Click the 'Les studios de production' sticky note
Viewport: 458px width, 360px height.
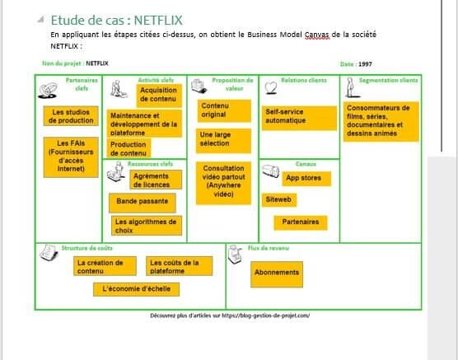[71, 116]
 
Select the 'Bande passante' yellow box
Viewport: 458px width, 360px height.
[143, 203]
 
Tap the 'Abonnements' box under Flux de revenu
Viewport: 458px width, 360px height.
[277, 274]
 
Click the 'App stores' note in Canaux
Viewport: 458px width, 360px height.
[306, 179]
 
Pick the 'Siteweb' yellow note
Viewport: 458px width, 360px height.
[279, 200]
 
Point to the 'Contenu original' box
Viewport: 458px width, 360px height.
[224, 110]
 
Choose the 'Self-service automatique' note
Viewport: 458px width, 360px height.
[299, 118]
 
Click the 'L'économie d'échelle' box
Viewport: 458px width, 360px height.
[137, 289]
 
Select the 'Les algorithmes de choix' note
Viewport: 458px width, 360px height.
[147, 226]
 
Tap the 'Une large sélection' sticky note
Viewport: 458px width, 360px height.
[223, 141]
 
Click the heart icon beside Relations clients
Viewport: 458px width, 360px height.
[271, 87]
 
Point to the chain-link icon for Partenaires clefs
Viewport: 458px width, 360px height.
[48, 91]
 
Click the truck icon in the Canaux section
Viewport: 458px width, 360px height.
[270, 171]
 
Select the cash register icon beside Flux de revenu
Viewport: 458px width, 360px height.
[235, 255]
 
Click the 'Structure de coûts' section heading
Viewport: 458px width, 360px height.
[86, 248]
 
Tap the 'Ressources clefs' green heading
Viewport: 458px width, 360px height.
[150, 164]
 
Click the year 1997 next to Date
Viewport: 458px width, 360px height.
[365, 64]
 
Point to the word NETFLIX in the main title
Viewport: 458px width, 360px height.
[158, 21]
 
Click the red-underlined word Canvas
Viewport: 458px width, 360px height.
[317, 35]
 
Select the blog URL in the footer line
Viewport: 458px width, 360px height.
[266, 316]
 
